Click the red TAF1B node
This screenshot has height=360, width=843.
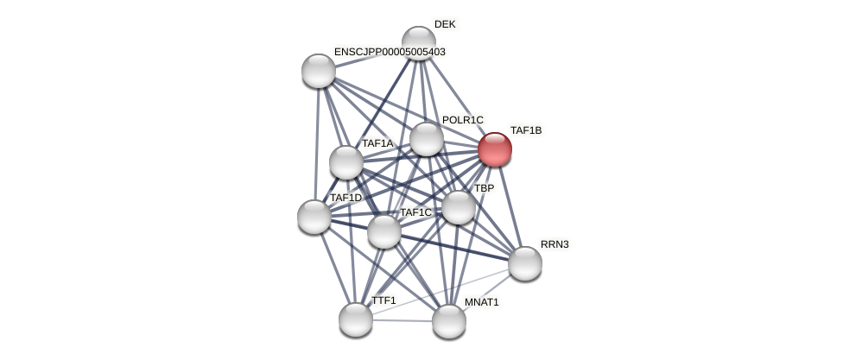pos(495,149)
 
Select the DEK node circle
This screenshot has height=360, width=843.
pos(419,42)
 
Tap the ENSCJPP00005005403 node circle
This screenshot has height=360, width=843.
pos(319,71)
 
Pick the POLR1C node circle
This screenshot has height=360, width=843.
pos(427,139)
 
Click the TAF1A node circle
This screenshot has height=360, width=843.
pos(346,162)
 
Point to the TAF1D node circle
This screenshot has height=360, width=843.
pos(314,217)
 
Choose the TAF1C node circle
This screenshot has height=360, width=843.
pos(384,231)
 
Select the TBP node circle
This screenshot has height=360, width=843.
pos(459,207)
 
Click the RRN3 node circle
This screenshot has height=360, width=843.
pos(525,263)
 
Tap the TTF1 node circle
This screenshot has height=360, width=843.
pos(356,319)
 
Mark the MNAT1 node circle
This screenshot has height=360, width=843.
pos(449,321)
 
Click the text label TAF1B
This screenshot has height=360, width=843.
pos(525,130)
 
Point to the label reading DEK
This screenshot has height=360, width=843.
pos(445,24)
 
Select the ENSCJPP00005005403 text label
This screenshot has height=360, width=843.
pos(390,52)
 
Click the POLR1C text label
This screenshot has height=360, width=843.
pos(463,120)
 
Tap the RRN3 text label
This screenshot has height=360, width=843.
pos(555,244)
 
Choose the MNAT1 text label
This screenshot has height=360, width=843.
pos(481,302)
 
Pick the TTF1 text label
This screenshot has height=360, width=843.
pos(383,300)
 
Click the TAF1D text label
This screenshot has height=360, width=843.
pos(345,198)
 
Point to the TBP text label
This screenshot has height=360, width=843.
pos(484,188)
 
